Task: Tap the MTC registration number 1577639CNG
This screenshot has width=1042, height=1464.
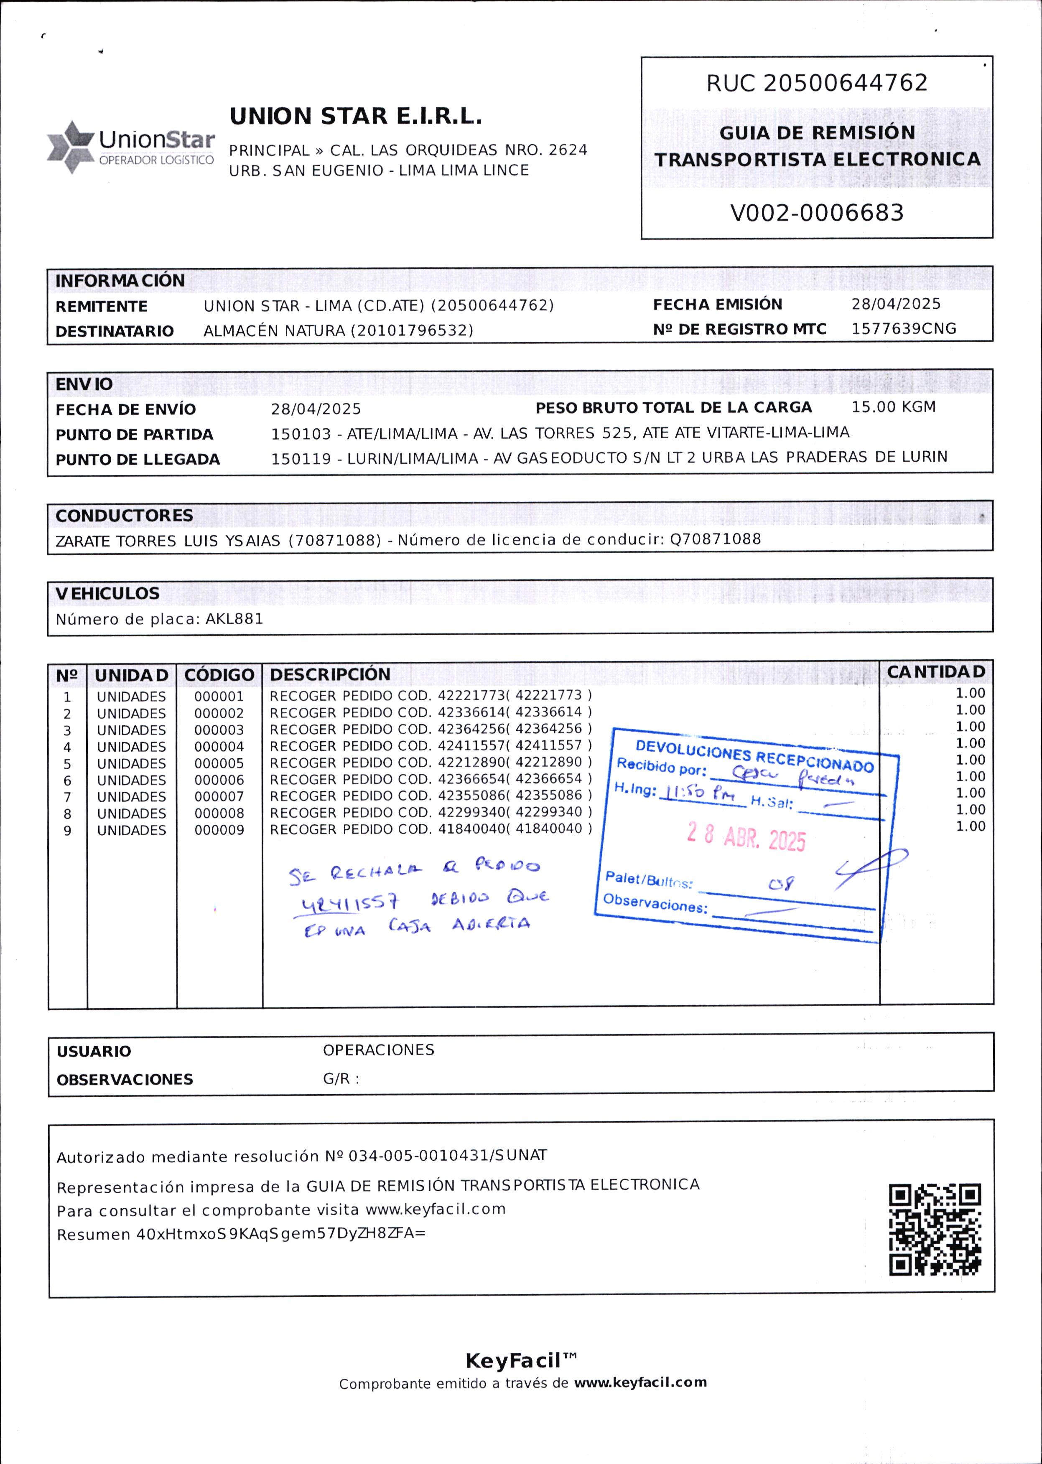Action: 903,329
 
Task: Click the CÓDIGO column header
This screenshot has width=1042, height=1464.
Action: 219,675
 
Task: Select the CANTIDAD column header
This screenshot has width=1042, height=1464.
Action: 935,672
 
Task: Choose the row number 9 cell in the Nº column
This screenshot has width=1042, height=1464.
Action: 67,831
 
